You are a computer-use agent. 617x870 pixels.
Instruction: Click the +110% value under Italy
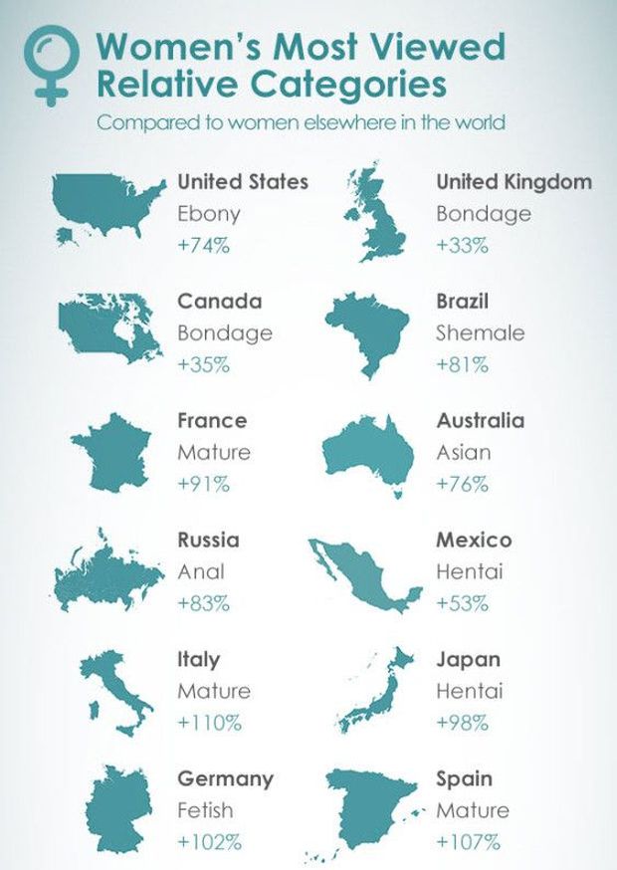click(x=210, y=723)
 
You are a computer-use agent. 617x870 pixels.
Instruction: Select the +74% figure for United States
click(x=204, y=245)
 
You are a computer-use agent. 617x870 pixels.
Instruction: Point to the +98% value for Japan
click(x=462, y=723)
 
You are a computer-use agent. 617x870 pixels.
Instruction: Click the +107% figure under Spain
click(x=468, y=842)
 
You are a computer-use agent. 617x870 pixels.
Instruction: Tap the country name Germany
click(x=225, y=778)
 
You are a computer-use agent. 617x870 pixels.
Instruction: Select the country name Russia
click(x=208, y=540)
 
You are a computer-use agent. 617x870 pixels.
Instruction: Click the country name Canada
click(x=219, y=301)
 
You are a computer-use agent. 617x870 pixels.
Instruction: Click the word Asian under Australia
click(x=463, y=452)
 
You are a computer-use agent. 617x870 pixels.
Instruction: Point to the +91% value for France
click(x=203, y=484)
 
